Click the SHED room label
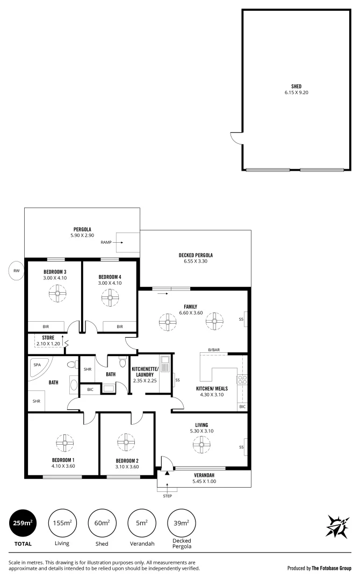pos(296,86)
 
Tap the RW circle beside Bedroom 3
pos(17,271)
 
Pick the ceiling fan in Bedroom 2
pos(127,443)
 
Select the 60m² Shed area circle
pos(102,523)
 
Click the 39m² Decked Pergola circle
pos(181,523)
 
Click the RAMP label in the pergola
pos(106,243)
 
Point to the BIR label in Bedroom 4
pos(120,327)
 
